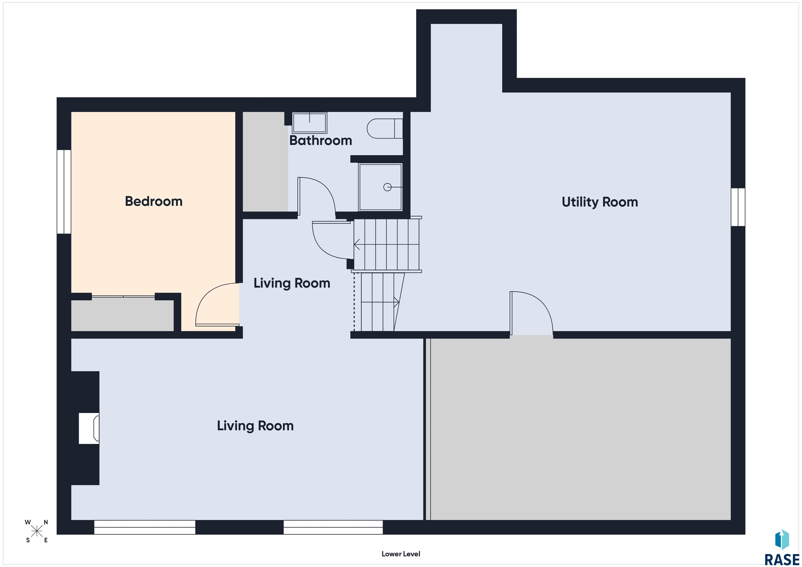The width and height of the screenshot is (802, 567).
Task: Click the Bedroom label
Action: [154, 201]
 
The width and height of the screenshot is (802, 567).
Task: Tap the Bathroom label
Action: [321, 140]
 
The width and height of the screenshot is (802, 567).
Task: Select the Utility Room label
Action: [600, 202]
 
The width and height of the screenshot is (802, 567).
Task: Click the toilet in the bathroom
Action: [385, 128]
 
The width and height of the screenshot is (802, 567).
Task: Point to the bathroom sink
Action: [309, 123]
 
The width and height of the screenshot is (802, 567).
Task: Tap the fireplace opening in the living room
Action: [89, 428]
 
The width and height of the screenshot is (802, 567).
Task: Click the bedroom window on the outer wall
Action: [64, 192]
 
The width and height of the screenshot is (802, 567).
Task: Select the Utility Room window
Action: [738, 207]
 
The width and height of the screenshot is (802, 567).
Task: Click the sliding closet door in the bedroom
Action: [123, 297]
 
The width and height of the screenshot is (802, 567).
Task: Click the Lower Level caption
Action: [401, 554]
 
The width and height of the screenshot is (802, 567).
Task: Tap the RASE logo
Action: [782, 548]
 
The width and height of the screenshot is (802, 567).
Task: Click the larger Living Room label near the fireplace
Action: [255, 426]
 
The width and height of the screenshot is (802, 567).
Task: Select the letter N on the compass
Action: [46, 522]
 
